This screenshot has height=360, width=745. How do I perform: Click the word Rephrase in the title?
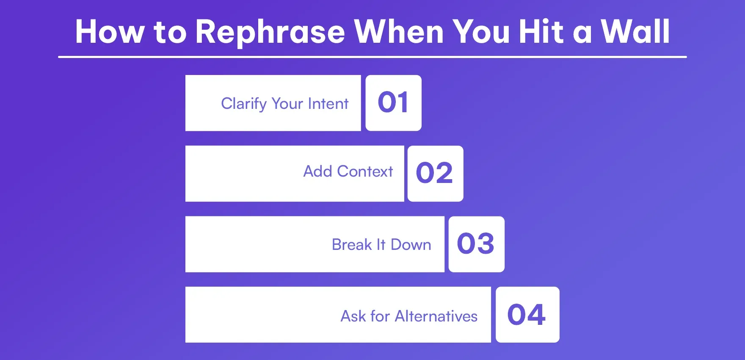(270, 32)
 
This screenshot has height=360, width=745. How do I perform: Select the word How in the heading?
(110, 32)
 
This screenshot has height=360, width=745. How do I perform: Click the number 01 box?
(393, 103)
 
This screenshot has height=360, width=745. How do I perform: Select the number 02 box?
(435, 174)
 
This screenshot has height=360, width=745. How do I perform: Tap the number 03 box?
(476, 244)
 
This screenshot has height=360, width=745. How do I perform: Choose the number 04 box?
(527, 315)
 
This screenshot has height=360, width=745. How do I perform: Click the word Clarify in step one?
(244, 104)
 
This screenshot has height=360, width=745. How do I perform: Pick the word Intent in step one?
(328, 104)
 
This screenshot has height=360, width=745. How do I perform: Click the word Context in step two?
(365, 172)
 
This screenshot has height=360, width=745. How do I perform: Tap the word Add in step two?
(317, 172)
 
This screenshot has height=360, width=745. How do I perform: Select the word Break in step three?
(351, 245)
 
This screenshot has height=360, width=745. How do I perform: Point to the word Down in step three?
(411, 245)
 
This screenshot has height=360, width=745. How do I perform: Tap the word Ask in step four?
(353, 316)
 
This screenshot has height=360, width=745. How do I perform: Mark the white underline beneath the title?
(372, 57)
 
